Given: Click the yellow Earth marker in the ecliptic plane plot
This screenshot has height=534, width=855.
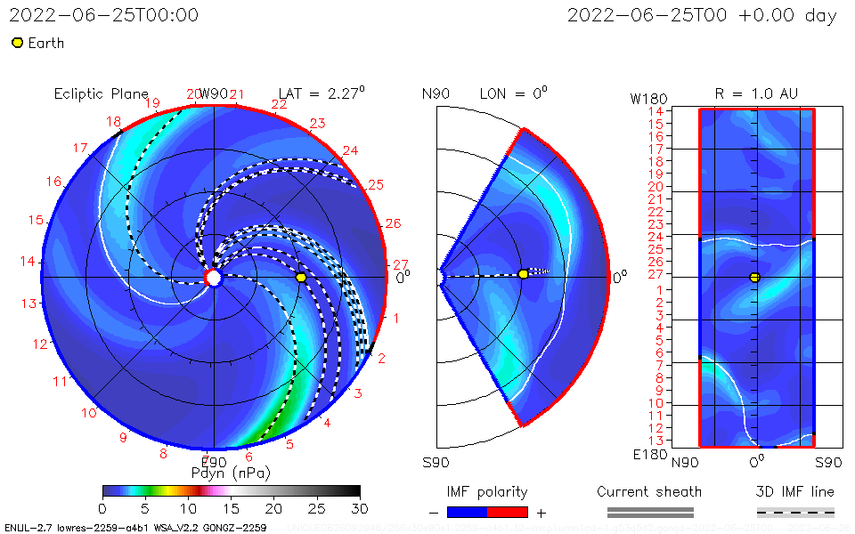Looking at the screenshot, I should [301, 278].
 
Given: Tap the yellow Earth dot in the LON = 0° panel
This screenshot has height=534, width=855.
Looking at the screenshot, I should [523, 274].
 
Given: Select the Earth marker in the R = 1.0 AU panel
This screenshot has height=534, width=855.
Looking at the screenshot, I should [754, 278].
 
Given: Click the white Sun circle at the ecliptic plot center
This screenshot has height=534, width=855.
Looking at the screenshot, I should [213, 278].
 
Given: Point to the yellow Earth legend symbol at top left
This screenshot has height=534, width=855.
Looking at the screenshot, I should [17, 43].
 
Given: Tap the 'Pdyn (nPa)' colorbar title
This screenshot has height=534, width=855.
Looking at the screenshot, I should [231, 472].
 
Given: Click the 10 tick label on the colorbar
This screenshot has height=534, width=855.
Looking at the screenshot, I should [188, 507].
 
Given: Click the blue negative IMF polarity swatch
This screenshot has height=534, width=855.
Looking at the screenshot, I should [468, 513].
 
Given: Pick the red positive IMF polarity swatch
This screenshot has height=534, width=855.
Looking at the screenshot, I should [508, 513].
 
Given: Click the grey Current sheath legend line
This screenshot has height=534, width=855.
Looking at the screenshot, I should [649, 512].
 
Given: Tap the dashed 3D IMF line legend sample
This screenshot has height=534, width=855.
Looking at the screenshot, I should [795, 512].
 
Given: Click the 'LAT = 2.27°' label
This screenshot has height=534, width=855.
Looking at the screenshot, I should [322, 93].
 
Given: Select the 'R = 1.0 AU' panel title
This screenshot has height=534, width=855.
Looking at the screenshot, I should [756, 93].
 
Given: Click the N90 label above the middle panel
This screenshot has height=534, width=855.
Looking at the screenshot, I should [436, 93].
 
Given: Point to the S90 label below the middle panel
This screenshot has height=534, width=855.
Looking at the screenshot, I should [436, 462].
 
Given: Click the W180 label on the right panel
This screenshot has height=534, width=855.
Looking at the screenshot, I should [647, 97].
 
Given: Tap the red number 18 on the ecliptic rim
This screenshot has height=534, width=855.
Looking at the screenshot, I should [113, 122].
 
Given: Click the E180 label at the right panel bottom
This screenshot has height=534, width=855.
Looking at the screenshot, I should [647, 455].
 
